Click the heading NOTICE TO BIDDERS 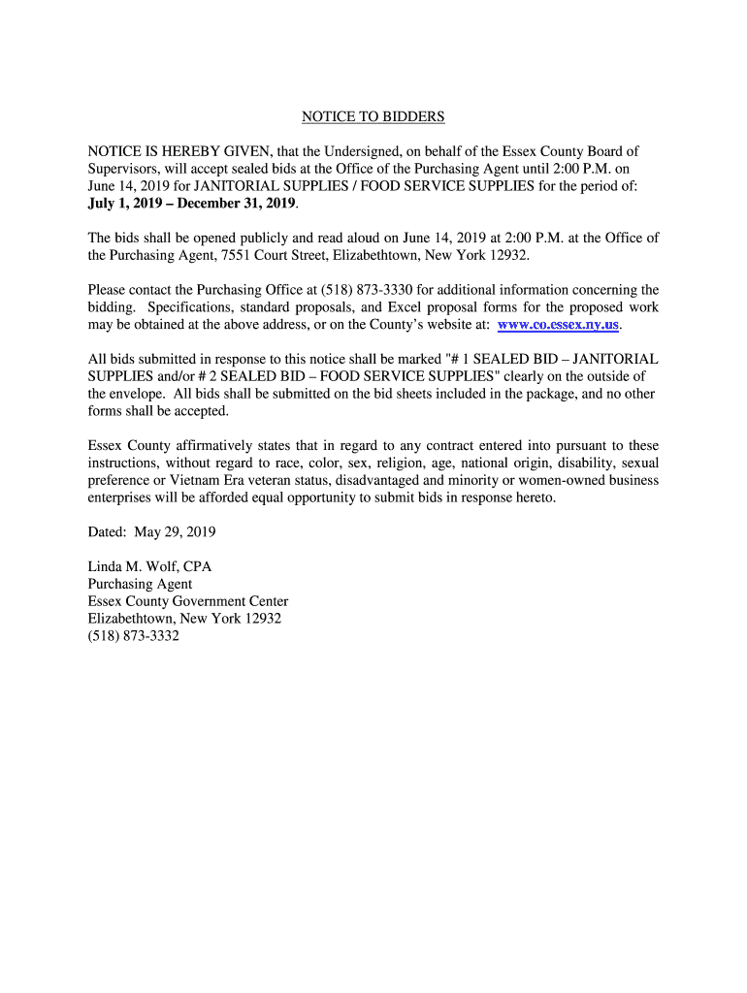(x=373, y=117)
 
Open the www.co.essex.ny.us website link (x=558, y=324)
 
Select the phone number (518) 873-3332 (x=134, y=636)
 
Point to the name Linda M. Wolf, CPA (x=149, y=566)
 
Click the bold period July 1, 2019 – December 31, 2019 (x=191, y=204)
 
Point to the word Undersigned (x=379, y=151)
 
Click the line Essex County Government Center (x=187, y=601)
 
